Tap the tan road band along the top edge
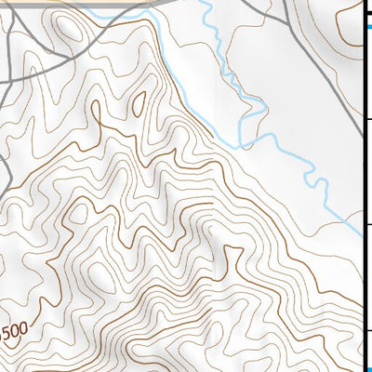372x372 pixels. coord(74,4)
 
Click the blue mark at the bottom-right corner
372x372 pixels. coord(367,368)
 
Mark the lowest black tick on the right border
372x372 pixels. coord(367,330)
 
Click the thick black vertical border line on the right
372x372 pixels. coord(363,186)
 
